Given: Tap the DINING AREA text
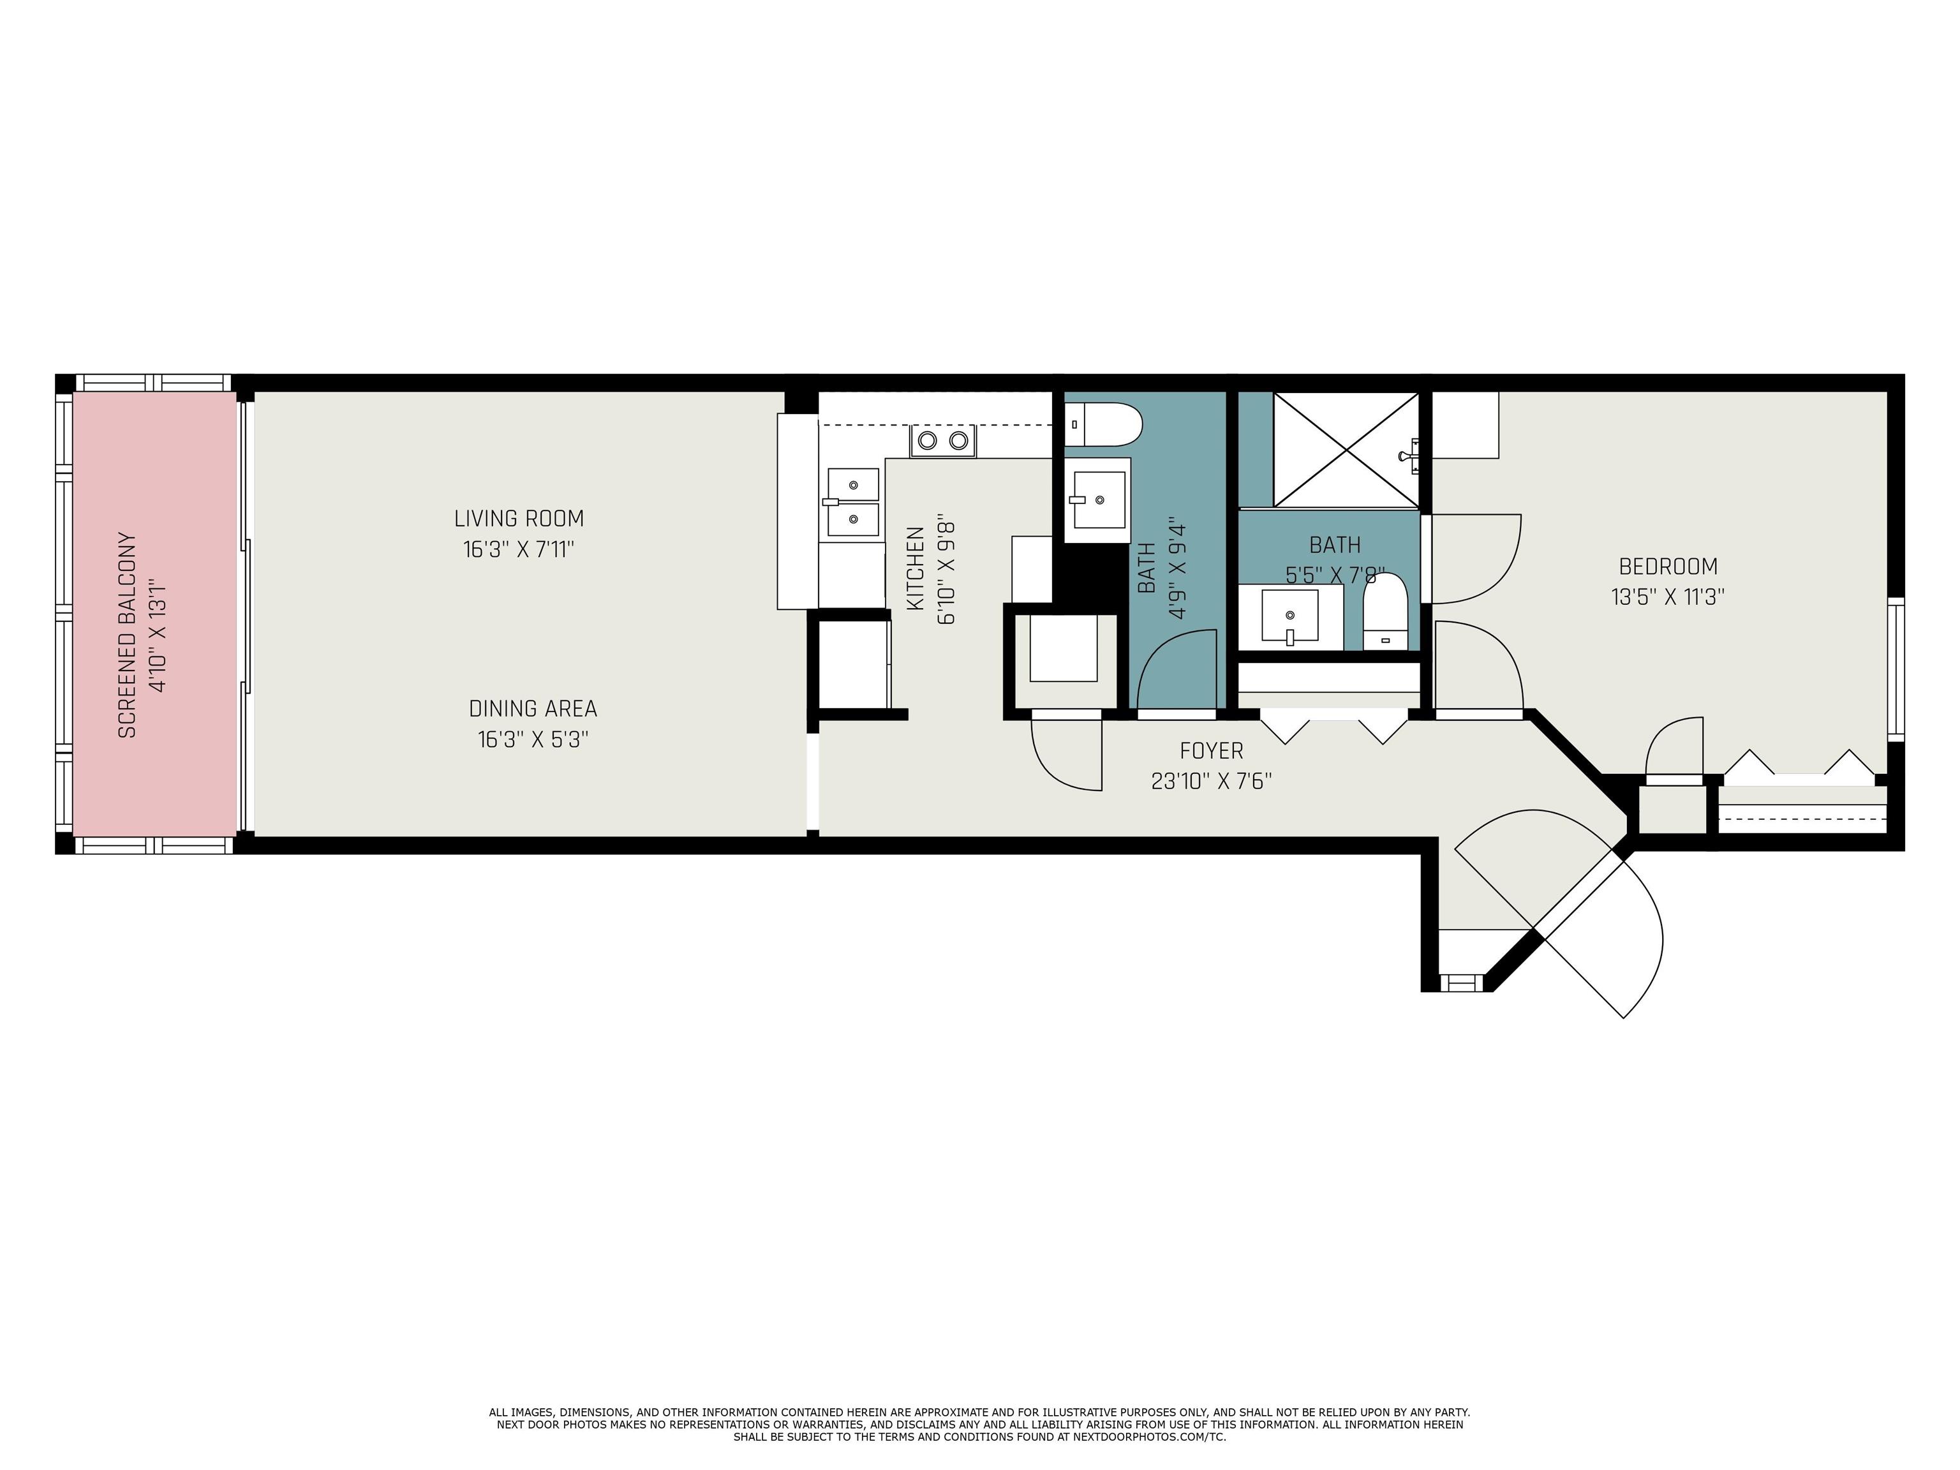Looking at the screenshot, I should [x=533, y=709].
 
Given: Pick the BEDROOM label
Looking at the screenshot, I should [x=1668, y=566].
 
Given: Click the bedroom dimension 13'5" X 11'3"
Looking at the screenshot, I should [x=1668, y=597].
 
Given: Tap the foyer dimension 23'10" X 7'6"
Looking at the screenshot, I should [x=1211, y=782].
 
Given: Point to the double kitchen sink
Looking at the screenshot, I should [x=853, y=502].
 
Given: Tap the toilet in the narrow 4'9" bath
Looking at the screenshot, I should [x=1103, y=424].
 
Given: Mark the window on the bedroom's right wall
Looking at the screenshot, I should [x=1896, y=669].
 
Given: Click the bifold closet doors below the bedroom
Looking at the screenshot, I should [x=1799, y=768].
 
